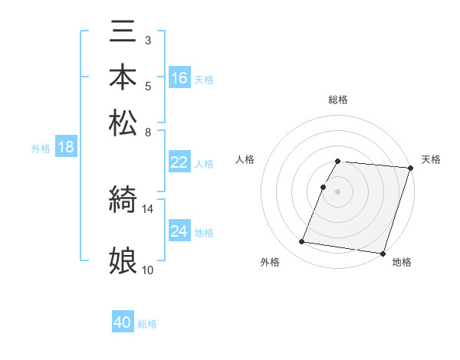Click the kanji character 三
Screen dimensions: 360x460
click(x=123, y=34)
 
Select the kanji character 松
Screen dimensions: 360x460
click(x=123, y=123)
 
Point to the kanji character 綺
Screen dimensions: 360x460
click(x=123, y=201)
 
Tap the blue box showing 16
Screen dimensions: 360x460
click(x=179, y=78)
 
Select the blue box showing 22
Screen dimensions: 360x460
click(x=179, y=162)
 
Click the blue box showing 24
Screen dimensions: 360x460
click(x=179, y=231)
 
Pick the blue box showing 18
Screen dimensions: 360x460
click(x=66, y=148)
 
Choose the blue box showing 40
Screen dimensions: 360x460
click(x=123, y=322)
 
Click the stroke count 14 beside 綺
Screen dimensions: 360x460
click(x=148, y=208)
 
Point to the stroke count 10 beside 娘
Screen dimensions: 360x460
click(x=148, y=270)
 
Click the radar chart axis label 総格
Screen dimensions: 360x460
click(x=338, y=100)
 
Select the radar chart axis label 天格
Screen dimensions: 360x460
click(x=431, y=159)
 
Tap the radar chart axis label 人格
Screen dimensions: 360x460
click(x=245, y=159)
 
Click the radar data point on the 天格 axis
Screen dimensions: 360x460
click(x=410, y=168)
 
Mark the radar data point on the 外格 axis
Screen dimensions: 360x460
click(x=302, y=242)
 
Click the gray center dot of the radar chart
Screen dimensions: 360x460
click(x=338, y=191)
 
